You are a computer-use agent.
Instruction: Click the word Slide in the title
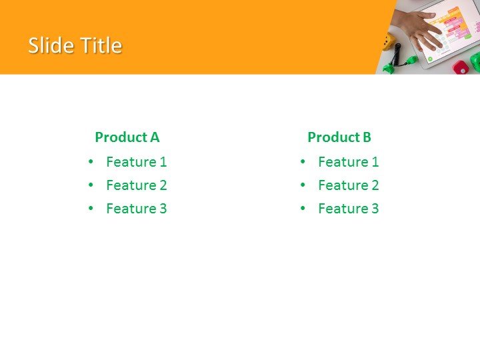pyautogui.click(x=51, y=45)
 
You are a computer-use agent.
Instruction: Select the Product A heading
pyautogui.click(x=127, y=137)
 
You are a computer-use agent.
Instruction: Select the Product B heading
pyautogui.click(x=339, y=137)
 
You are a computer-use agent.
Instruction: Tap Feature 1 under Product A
pyautogui.click(x=136, y=162)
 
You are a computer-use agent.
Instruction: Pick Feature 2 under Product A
pyautogui.click(x=136, y=185)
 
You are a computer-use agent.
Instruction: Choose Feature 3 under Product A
pyautogui.click(x=136, y=209)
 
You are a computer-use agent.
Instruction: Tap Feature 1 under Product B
pyautogui.click(x=348, y=162)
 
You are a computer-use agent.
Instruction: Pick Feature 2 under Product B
pyautogui.click(x=348, y=185)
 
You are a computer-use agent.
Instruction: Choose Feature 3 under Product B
pyautogui.click(x=348, y=209)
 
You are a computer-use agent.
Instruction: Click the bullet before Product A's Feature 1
pyautogui.click(x=91, y=162)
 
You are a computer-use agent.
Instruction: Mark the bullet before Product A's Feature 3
pyautogui.click(x=91, y=209)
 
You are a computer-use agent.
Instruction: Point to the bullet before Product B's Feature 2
pyautogui.click(x=303, y=185)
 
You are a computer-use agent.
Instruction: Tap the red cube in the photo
pyautogui.click(x=460, y=67)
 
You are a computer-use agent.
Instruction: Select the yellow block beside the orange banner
pyautogui.click(x=389, y=42)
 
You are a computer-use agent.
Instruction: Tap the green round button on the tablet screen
pyautogui.click(x=430, y=59)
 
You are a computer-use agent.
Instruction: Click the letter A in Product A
pyautogui.click(x=154, y=137)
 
